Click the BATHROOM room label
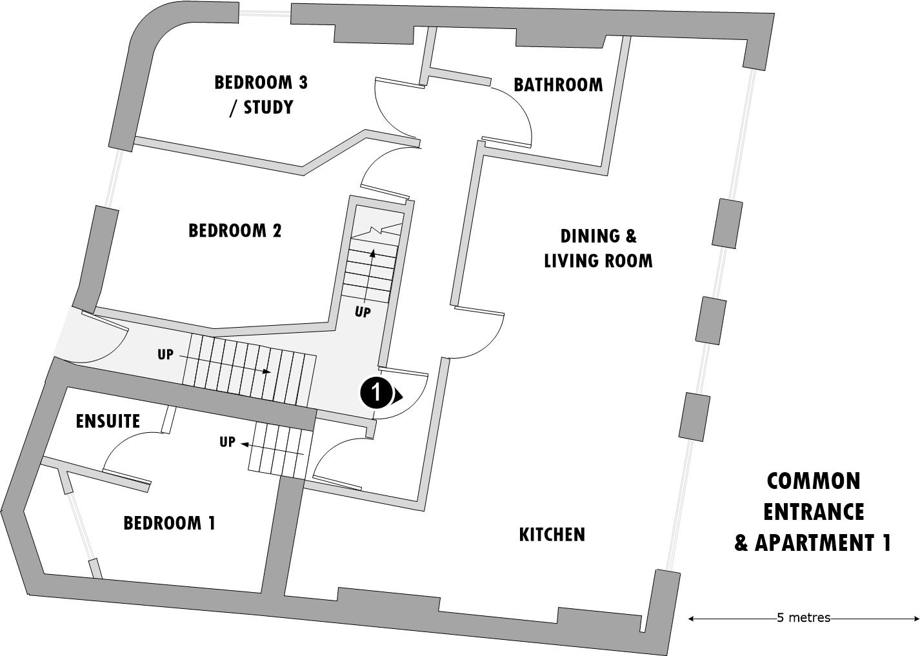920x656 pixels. [x=558, y=84]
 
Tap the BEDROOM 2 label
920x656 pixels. [x=235, y=230]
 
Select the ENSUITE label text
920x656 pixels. [x=108, y=421]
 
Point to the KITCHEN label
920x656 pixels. [x=552, y=535]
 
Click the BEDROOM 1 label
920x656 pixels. [x=169, y=522]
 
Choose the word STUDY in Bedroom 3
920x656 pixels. [x=268, y=107]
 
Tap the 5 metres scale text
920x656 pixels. [x=803, y=618]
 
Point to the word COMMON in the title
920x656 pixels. [x=813, y=481]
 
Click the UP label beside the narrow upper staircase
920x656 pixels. [x=363, y=312]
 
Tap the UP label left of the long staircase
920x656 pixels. [x=166, y=354]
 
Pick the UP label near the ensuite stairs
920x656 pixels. [x=227, y=442]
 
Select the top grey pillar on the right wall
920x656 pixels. [x=727, y=223]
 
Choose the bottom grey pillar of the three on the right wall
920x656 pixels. [x=694, y=417]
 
